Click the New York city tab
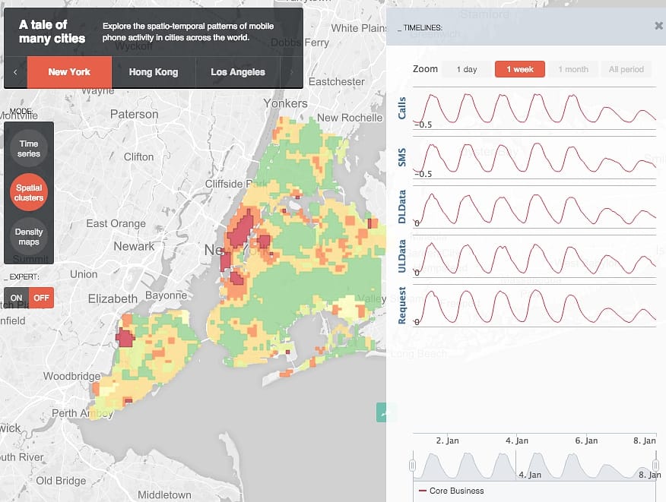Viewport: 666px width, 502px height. point(69,72)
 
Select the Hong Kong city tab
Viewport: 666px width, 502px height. point(154,72)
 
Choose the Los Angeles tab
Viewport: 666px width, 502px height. point(238,72)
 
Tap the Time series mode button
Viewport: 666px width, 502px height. point(29,149)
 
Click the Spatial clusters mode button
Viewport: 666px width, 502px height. point(29,193)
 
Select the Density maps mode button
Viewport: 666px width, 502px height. point(29,237)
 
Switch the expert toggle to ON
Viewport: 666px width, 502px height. point(16,298)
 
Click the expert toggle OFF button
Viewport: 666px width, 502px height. point(41,298)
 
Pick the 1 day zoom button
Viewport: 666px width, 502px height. point(467,70)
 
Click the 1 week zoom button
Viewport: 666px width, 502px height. point(520,70)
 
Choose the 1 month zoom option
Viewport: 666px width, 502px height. point(573,70)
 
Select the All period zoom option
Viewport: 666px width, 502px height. point(626,70)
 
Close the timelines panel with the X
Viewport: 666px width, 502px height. point(658,26)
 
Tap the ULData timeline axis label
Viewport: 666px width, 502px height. point(402,255)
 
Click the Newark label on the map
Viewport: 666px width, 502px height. point(134,247)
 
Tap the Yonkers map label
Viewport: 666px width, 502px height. point(285,103)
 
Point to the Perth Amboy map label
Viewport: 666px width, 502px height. point(82,414)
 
